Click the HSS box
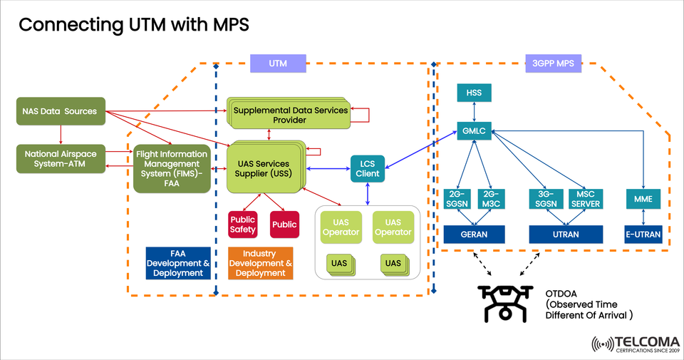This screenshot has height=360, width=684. pos(475,93)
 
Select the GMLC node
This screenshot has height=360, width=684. pos(475,132)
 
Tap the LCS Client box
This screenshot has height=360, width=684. pos(368,168)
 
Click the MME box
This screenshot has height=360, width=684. pos(644,199)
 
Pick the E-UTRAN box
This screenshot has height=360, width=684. pos(644,234)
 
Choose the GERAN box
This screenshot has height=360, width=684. pos(474,234)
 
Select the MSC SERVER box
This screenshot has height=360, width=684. pos(586,199)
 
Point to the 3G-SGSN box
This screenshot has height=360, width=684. pos(546,199)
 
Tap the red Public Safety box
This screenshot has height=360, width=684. pos(242,225)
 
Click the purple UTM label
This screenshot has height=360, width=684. pos(278,63)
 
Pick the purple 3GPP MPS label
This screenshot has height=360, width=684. pos(554,63)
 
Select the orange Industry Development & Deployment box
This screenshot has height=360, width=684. pos(260,263)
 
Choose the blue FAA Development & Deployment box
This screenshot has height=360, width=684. pos(178,263)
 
